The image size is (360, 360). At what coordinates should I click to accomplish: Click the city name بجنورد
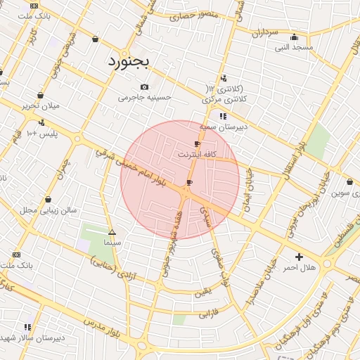tap(129, 61)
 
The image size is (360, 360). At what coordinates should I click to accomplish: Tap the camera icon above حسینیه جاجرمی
tap(145, 86)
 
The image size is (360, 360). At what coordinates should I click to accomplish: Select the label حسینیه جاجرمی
tap(144, 98)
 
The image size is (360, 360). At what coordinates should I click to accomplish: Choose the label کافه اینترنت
tap(197, 153)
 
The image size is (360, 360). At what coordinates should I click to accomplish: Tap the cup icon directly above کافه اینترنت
tap(197, 143)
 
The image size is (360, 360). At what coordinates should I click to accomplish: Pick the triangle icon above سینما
tap(112, 231)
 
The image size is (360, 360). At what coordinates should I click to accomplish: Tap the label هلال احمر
tap(300, 268)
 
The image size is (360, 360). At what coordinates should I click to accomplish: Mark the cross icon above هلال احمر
tap(300, 257)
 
